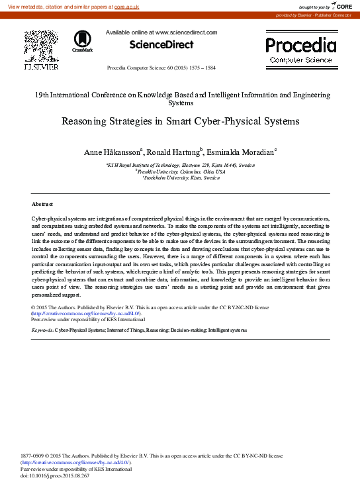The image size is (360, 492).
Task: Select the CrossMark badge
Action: pos(83,42)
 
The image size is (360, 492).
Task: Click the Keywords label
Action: pos(42,329)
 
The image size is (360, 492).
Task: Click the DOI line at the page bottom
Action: pos(55,475)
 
